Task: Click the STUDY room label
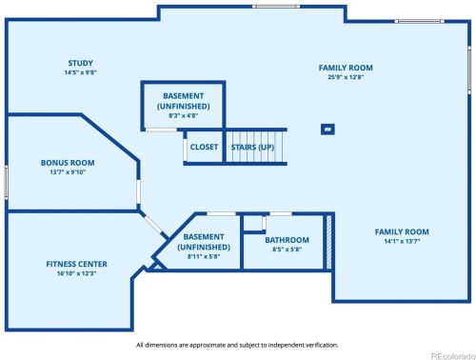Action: (81, 63)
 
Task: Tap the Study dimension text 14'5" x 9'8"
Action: (81, 72)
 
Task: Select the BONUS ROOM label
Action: (68, 163)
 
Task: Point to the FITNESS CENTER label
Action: (76, 264)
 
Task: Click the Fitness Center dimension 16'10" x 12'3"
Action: (76, 273)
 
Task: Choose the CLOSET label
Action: (204, 147)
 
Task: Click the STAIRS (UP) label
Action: (252, 148)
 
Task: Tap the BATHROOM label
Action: (287, 240)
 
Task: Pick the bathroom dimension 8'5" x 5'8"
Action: (287, 250)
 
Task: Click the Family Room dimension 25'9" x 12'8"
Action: (346, 77)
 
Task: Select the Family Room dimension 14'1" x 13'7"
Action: (402, 241)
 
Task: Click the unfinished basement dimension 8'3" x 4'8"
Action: (184, 116)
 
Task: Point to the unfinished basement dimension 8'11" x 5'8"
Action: (204, 256)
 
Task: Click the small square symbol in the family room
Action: (327, 130)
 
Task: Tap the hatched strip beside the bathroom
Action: (328, 242)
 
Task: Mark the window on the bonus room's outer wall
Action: (6, 183)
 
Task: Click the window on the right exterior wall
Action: (469, 70)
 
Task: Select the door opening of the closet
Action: (185, 150)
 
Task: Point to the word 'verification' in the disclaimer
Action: (322, 345)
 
